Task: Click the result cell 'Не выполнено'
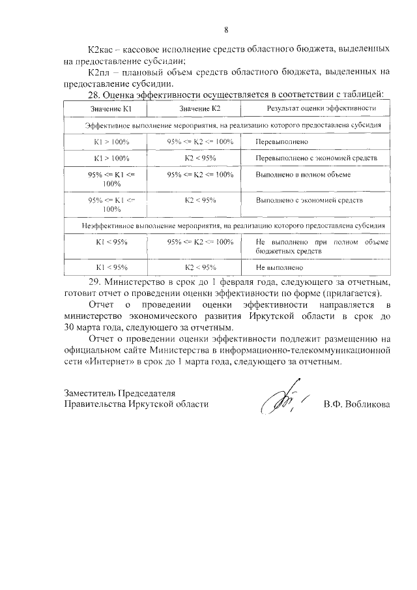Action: coord(280,267)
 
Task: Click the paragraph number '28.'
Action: coord(94,95)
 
